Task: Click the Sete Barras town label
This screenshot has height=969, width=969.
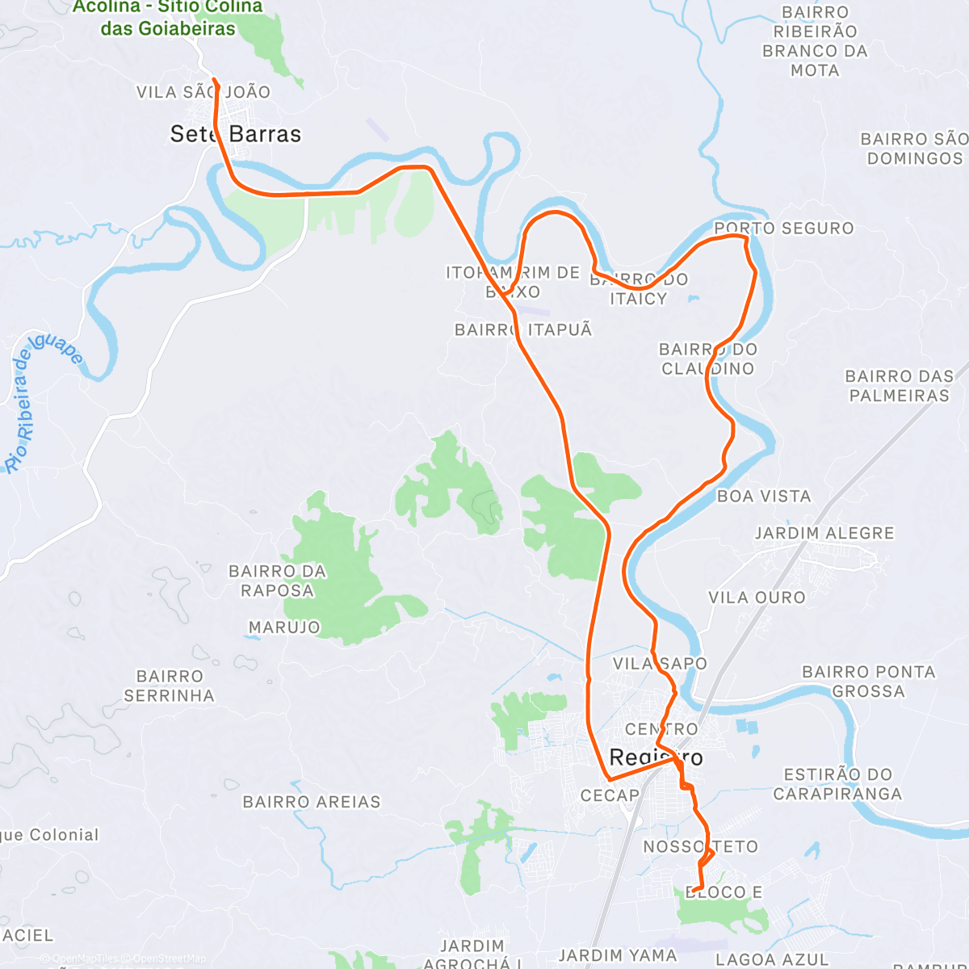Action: [235, 134]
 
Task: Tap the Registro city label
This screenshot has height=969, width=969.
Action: [656, 757]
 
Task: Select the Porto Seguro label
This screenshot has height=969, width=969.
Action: [783, 229]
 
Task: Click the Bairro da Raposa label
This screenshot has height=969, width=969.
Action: [277, 581]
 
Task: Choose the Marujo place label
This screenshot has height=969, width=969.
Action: [284, 627]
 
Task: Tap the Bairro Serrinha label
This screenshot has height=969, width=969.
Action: [169, 686]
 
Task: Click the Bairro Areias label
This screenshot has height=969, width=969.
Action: [311, 802]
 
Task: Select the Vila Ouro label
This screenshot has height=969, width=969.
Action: [757, 598]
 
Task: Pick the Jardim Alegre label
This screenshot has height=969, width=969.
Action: [824, 533]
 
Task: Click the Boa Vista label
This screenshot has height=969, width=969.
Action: [764, 496]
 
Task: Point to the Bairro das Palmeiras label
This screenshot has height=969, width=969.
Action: [899, 386]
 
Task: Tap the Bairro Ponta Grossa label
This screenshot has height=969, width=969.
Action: [868, 682]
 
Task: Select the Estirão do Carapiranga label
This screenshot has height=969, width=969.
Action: [837, 784]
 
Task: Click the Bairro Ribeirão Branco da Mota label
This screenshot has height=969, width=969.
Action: [815, 41]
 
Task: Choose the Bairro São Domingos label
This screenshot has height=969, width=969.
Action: [914, 149]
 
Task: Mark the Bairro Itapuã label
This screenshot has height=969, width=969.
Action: [523, 329]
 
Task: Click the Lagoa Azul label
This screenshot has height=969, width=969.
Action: [772, 959]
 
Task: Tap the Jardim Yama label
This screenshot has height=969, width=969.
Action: [618, 955]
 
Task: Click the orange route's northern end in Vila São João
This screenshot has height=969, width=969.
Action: [214, 79]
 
